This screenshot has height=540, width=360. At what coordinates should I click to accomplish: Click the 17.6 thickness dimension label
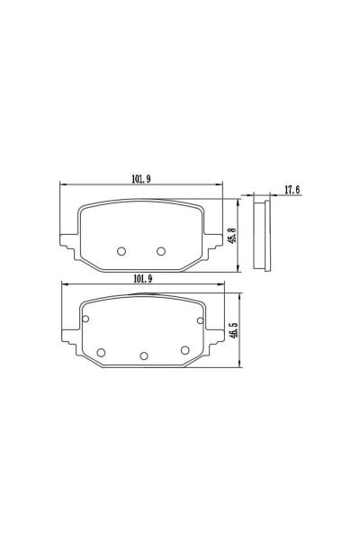[292, 189]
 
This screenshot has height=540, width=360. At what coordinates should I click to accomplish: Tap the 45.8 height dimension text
[232, 235]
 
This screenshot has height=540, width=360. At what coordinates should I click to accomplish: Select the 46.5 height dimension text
[234, 330]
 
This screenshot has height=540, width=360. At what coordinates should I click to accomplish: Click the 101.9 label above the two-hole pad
[141, 179]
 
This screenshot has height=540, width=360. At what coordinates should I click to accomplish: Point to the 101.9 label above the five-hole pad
[143, 279]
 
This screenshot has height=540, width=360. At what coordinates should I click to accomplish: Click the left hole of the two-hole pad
[121, 251]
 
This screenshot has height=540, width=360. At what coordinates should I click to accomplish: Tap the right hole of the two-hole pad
[161, 251]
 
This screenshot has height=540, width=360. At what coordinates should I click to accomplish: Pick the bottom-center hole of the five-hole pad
[144, 356]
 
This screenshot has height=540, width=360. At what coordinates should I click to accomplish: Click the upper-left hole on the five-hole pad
[85, 319]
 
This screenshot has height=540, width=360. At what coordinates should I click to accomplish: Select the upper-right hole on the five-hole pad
[200, 320]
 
